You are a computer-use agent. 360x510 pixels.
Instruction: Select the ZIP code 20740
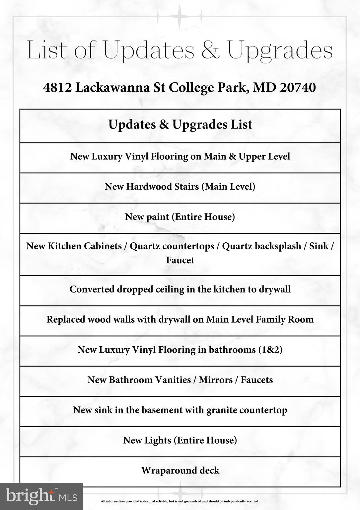298,88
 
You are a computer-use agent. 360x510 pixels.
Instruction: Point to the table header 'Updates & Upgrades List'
180,125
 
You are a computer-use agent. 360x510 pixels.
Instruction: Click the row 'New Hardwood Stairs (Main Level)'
180,186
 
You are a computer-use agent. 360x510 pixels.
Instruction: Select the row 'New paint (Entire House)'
180,217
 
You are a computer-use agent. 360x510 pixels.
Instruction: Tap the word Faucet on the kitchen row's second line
180,260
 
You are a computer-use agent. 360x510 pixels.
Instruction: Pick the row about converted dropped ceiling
180,289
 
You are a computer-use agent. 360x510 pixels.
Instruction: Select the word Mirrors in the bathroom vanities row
216,380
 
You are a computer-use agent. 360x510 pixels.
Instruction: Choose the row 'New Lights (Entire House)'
180,440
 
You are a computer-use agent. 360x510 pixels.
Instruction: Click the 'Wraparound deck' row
180,470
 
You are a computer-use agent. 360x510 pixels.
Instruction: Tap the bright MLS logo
41,496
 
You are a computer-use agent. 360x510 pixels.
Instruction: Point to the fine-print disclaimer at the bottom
180,501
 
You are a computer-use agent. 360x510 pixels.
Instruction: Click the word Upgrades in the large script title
280,50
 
